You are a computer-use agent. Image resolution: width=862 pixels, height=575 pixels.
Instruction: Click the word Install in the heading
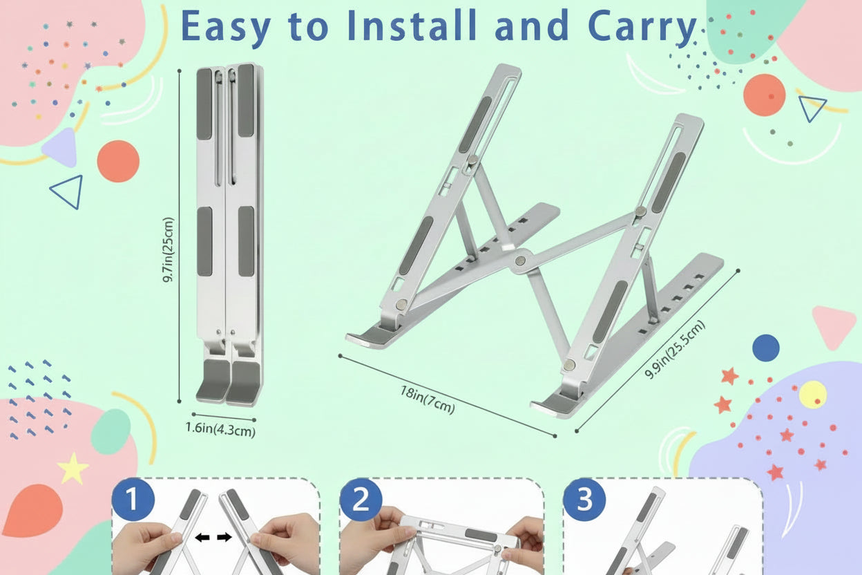pos(412,26)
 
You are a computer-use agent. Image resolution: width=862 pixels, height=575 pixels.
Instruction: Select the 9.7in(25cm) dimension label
pos(168,249)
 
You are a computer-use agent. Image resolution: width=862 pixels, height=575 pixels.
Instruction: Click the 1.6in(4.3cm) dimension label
pos(220,429)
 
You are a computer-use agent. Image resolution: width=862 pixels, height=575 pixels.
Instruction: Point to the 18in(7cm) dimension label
pos(428,399)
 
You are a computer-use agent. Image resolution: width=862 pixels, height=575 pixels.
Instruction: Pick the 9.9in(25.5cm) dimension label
pos(675,349)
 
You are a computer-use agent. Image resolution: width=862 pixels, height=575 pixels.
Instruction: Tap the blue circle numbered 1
pos(133,500)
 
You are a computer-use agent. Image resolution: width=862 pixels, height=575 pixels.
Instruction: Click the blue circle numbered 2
pos(361,500)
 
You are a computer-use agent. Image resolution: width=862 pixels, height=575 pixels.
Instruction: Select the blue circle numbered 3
pos(584,500)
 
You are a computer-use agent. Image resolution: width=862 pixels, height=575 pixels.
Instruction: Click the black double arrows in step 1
pos(213,537)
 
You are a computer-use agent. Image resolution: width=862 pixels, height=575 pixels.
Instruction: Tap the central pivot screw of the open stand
pos(521,261)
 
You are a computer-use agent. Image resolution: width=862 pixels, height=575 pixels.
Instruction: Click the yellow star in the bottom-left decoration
pos(73,469)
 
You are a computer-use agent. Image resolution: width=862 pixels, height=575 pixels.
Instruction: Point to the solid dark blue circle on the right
pos(766,348)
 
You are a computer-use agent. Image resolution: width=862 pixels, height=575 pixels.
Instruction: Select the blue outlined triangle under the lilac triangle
pos(67,191)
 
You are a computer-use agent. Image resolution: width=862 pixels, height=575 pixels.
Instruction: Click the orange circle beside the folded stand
pos(118,161)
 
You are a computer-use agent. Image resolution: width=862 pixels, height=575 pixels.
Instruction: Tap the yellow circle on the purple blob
pos(813,395)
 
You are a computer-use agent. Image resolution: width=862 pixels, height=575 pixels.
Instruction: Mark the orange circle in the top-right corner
pos(764,95)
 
